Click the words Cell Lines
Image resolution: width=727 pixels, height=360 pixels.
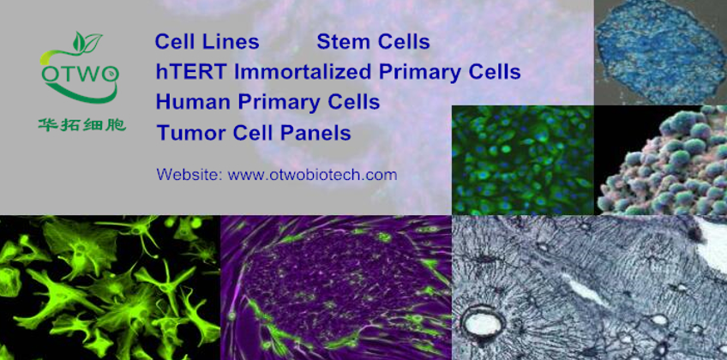(207, 42)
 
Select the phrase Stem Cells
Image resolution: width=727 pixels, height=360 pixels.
(373, 42)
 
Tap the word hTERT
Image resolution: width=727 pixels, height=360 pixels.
(191, 72)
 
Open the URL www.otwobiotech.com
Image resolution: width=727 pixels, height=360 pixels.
(313, 175)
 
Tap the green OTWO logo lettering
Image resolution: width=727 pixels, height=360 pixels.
(81, 73)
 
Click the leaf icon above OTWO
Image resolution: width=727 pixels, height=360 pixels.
(87, 41)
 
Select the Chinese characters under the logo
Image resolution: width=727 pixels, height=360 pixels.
(81, 124)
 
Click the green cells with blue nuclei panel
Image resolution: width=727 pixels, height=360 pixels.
(523, 160)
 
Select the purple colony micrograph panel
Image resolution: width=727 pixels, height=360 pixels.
(336, 288)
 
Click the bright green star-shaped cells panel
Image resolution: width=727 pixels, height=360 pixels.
(110, 288)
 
